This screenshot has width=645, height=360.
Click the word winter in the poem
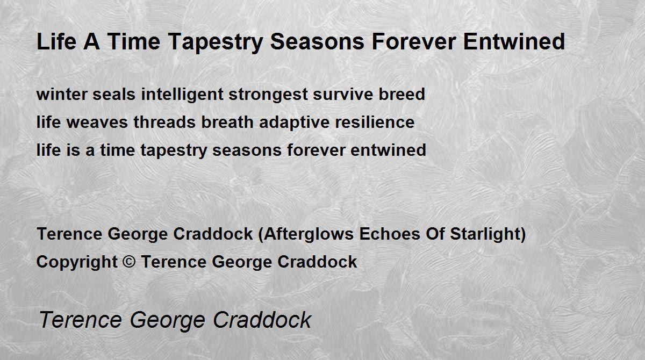pyautogui.click(x=62, y=94)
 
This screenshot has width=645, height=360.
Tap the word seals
pyautogui.click(x=114, y=94)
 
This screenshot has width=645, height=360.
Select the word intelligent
pyautogui.click(x=182, y=95)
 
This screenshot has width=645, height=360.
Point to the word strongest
pyautogui.click(x=268, y=95)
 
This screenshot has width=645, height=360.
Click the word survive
pyautogui.click(x=343, y=94)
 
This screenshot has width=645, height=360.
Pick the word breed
pyautogui.click(x=402, y=94)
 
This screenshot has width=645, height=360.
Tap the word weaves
pyautogui.click(x=97, y=123)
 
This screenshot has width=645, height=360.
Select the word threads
pyautogui.click(x=164, y=122)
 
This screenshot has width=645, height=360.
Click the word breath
pyautogui.click(x=227, y=122)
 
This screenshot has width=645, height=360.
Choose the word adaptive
pyautogui.click(x=295, y=123)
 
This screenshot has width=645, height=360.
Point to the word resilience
pyautogui.click(x=375, y=122)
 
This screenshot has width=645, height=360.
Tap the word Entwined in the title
pyautogui.click(x=514, y=41)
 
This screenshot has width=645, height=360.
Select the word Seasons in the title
pyautogui.click(x=317, y=41)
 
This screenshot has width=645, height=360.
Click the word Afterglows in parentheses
pyautogui.click(x=309, y=234)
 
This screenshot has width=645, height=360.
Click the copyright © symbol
pyautogui.click(x=129, y=262)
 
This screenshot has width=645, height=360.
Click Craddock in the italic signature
pyautogui.click(x=262, y=320)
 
